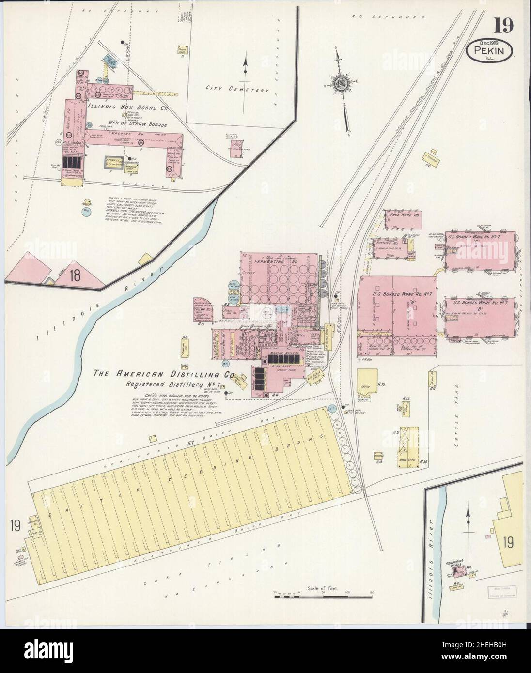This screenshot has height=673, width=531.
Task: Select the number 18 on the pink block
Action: (x=75, y=276)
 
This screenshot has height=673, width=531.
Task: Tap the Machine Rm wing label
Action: (x=119, y=133)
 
